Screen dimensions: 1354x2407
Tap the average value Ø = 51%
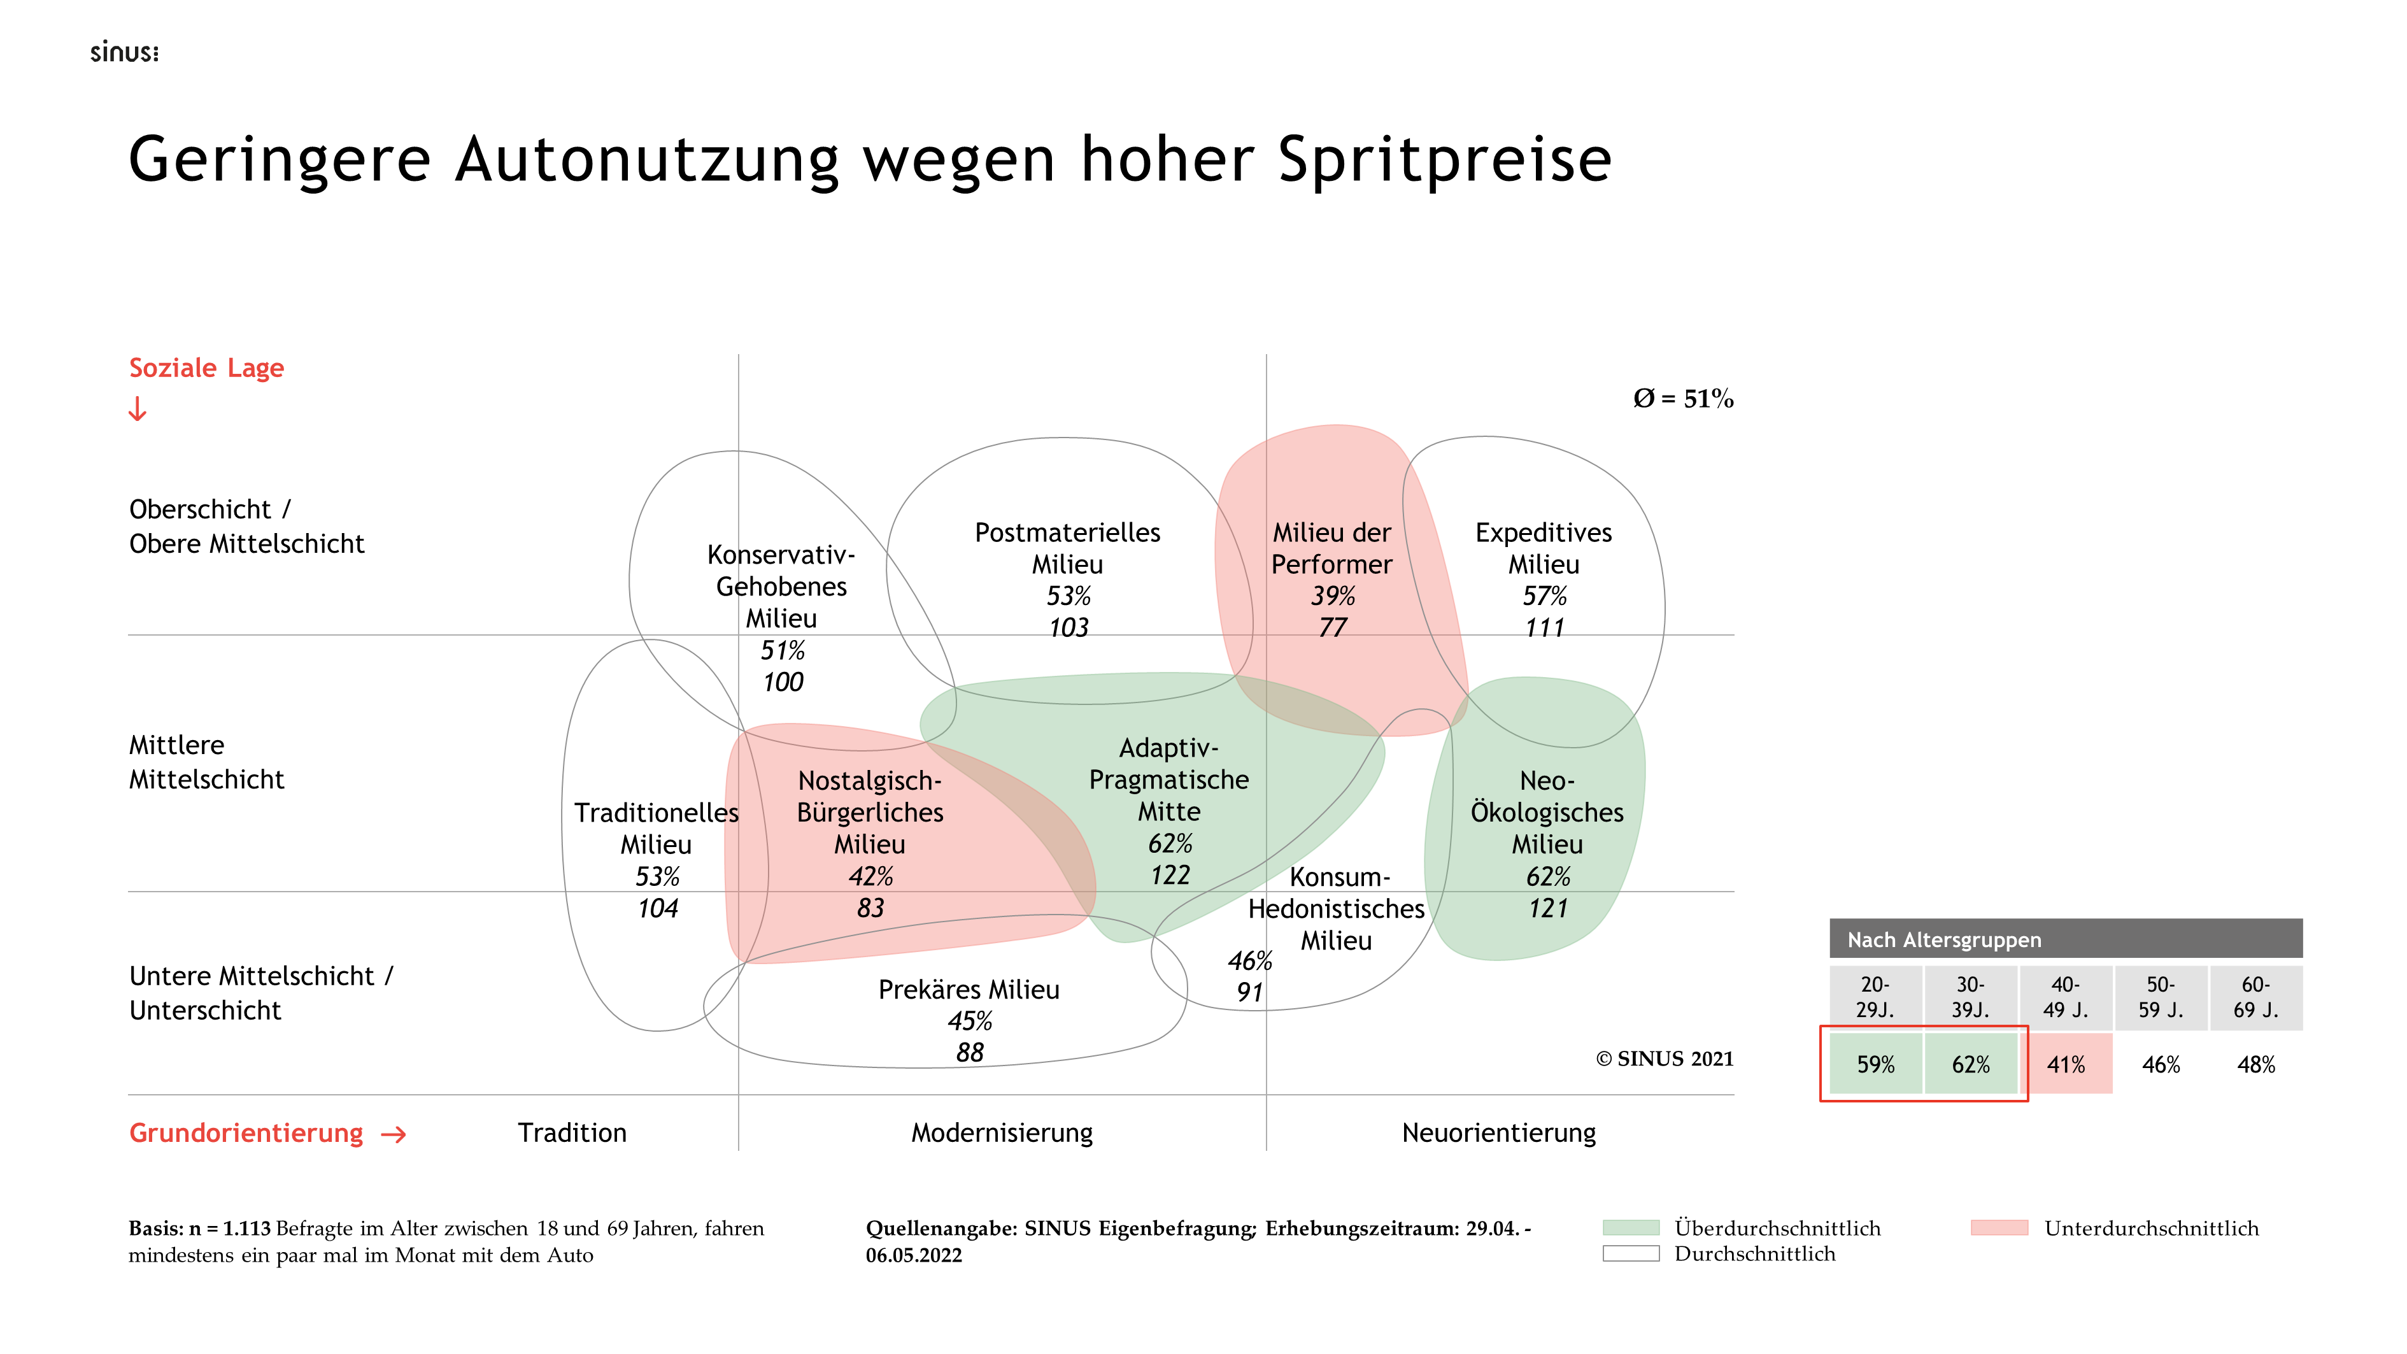[x=1683, y=399]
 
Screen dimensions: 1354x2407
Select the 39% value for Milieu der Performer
[x=1332, y=596]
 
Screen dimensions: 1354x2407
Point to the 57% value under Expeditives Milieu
[x=1545, y=596]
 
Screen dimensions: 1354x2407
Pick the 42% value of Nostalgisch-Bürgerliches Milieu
[x=870, y=876]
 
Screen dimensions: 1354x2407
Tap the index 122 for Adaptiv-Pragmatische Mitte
[x=1170, y=876]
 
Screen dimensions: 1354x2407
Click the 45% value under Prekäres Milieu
[x=970, y=1022]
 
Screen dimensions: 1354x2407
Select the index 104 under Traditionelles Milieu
[x=658, y=908]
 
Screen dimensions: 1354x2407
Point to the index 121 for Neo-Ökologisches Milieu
[x=1547, y=908]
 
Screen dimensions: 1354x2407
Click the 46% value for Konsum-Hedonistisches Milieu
[x=1249, y=960]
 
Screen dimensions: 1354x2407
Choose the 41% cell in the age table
[x=2066, y=1064]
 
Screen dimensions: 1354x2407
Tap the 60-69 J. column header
[x=2255, y=997]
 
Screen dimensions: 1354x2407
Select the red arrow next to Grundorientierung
[x=394, y=1134]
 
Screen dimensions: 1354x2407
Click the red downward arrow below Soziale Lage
[x=138, y=410]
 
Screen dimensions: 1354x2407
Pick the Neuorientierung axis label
[x=1499, y=1134]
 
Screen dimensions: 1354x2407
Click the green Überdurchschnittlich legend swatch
[x=1631, y=1228]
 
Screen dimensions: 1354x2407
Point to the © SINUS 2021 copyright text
[x=1664, y=1058]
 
